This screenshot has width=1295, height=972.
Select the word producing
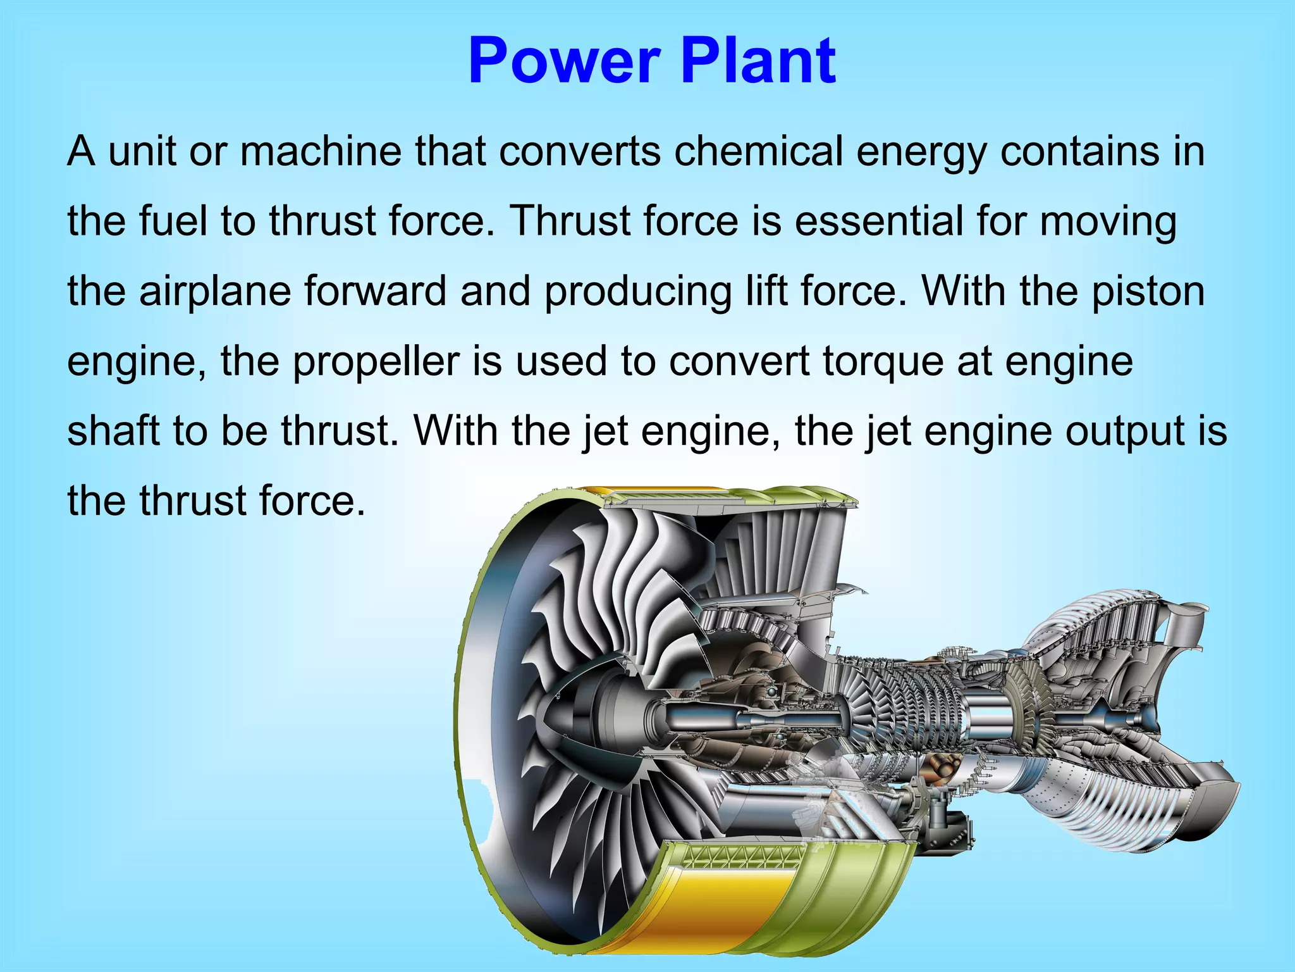pyautogui.click(x=637, y=292)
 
